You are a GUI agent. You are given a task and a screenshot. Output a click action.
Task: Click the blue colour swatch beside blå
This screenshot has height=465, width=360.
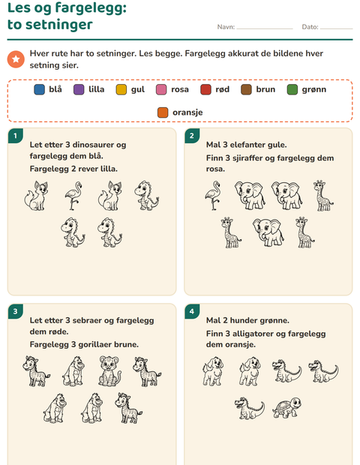click(40, 89)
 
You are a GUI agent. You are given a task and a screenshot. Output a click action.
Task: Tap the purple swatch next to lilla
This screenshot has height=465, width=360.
click(79, 89)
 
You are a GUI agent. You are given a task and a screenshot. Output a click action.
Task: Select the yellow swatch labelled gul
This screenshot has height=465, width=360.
click(121, 89)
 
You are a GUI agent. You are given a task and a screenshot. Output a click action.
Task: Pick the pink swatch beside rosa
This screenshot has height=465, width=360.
click(161, 89)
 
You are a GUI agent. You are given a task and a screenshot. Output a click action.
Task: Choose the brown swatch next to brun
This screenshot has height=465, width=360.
click(246, 89)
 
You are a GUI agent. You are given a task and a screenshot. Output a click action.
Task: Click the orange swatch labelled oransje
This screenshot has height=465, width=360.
click(163, 112)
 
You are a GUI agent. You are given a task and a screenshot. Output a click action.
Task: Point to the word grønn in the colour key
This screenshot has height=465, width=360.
click(314, 89)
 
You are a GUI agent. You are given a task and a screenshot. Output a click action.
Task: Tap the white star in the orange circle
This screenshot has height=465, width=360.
click(16, 59)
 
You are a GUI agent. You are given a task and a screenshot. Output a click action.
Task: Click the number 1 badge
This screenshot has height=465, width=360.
click(16, 136)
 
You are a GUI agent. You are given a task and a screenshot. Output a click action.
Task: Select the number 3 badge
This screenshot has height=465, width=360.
click(16, 311)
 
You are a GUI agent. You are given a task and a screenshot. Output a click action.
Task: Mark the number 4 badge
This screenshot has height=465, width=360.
click(192, 311)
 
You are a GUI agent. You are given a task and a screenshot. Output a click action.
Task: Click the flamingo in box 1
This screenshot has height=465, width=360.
click(73, 196)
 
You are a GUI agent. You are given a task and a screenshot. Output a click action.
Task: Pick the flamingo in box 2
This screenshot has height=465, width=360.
click(213, 196)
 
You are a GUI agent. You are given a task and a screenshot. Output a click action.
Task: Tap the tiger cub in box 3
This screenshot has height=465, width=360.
click(110, 371)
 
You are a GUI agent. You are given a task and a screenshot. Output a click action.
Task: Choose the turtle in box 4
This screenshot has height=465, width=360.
click(287, 408)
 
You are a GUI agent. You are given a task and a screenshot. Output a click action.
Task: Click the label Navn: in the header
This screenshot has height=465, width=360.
click(226, 27)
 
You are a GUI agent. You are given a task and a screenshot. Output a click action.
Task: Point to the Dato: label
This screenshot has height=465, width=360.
click(310, 27)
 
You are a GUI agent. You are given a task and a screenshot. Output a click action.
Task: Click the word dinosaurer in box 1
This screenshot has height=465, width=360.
click(93, 145)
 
